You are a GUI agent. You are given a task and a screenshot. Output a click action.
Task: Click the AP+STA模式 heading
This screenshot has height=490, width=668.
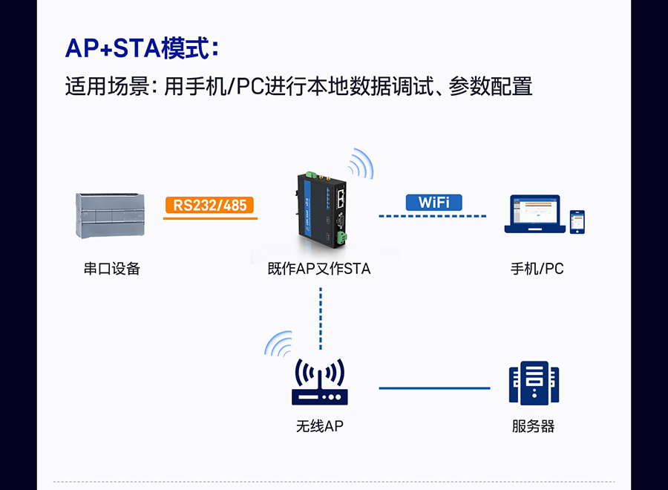click(x=142, y=48)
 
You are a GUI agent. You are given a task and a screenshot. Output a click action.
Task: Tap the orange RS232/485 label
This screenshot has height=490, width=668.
click(x=210, y=204)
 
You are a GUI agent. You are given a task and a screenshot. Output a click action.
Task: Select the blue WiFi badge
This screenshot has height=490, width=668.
click(x=433, y=202)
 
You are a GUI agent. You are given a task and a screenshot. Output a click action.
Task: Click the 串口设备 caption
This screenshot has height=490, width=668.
click(x=111, y=269)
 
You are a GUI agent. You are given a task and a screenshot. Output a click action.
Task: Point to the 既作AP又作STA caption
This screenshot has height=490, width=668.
click(x=319, y=269)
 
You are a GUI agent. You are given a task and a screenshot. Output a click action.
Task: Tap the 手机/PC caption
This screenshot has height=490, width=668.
click(x=537, y=269)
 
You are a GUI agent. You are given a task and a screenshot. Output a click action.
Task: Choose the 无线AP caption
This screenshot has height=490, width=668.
click(x=319, y=426)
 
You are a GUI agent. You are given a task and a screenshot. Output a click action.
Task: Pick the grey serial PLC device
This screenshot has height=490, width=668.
click(x=111, y=215)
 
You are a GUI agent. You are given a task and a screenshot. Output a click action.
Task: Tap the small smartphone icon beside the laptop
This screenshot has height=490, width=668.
click(x=577, y=221)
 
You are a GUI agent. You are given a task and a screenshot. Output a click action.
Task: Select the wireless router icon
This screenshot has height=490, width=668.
click(x=319, y=383)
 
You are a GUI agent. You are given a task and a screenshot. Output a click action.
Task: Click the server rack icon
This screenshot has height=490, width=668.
click(x=533, y=383)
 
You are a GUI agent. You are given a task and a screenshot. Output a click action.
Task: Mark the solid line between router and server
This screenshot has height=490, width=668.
click(x=434, y=388)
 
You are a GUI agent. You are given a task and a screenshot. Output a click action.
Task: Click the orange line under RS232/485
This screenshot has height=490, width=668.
click(x=210, y=218)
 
